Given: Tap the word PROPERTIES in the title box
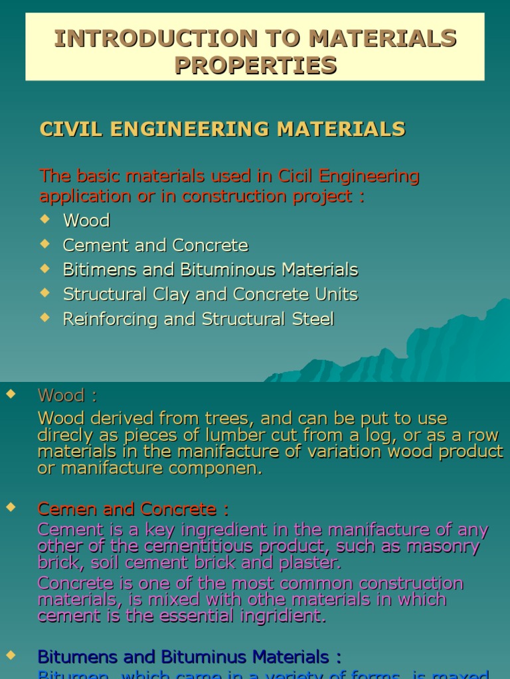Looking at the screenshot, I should tap(255, 66).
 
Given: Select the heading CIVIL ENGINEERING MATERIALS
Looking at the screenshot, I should tap(222, 129).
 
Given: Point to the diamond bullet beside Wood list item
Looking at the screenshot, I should tap(45, 218).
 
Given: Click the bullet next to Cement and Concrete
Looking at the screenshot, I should tap(45, 243).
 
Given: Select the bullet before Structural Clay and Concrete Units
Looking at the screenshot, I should tap(45, 292).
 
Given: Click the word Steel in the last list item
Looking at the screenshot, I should tap(313, 319).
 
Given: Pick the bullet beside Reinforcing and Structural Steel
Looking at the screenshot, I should tap(45, 317).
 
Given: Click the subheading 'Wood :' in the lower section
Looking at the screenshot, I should tap(67, 396).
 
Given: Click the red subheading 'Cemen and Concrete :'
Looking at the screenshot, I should tap(133, 509).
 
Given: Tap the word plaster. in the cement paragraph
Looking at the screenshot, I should tap(311, 563).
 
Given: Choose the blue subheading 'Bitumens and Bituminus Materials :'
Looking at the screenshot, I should tap(189, 657).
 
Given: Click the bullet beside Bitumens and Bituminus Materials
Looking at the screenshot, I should tap(10, 655).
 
